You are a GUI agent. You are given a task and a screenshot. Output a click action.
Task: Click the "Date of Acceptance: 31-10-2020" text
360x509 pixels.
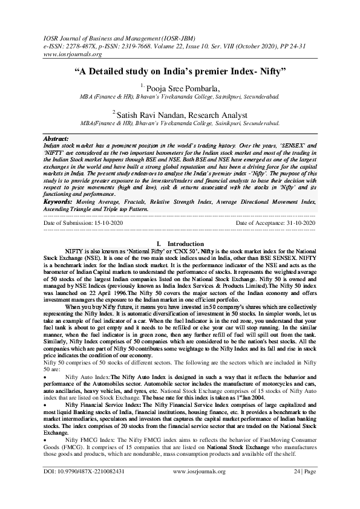click(275, 223)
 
